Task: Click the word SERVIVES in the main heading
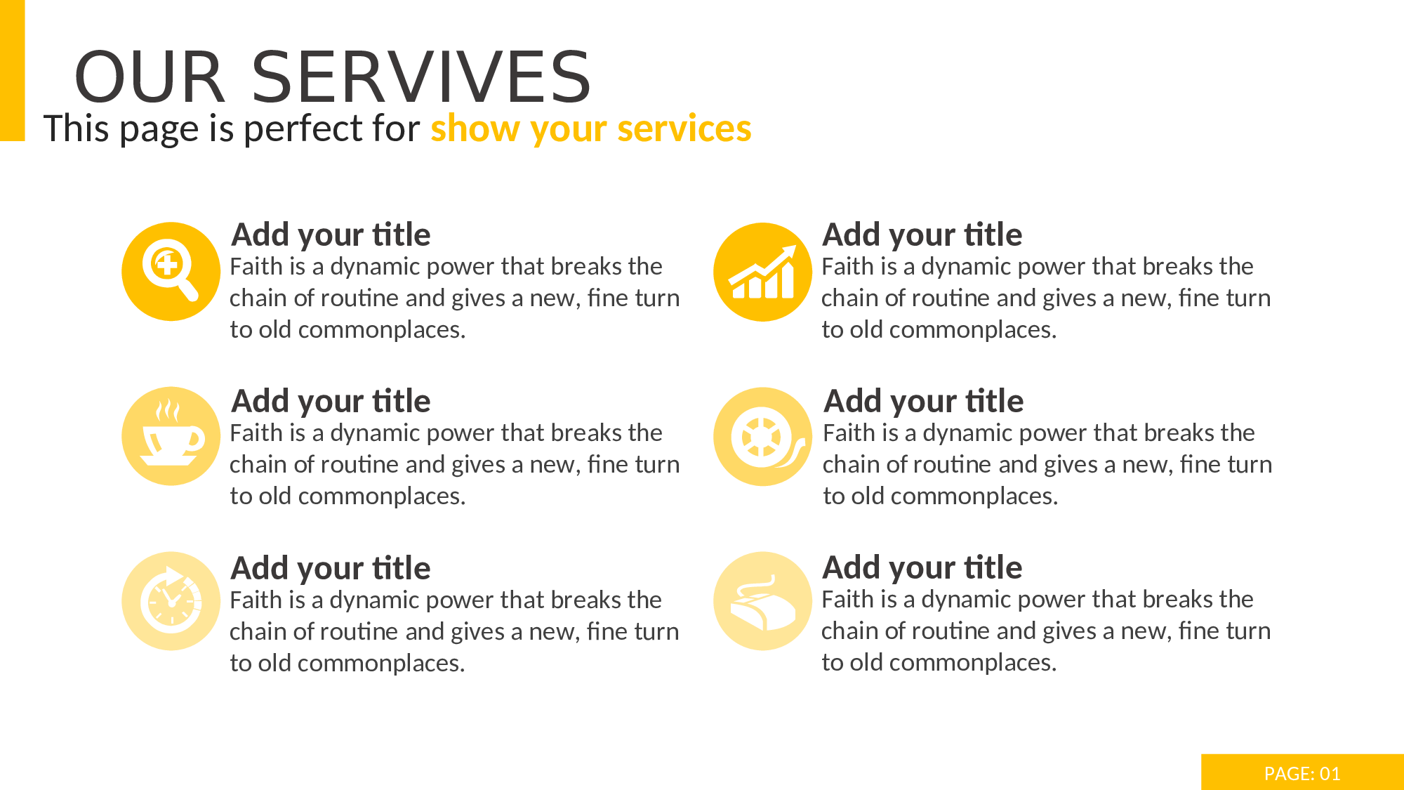[x=421, y=77]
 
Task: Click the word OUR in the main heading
[x=150, y=77]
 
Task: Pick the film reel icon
[x=766, y=437]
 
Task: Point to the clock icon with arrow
[x=171, y=600]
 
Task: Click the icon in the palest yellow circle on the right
[x=763, y=603]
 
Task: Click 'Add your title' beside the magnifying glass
[x=331, y=235]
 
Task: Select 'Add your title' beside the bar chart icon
[x=922, y=235]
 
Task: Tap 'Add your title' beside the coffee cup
[x=331, y=401]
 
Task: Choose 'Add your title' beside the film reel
[x=924, y=401]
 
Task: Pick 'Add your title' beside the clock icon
[x=331, y=568]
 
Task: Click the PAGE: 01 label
[x=1302, y=773]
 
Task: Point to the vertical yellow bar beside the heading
[x=12, y=70]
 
